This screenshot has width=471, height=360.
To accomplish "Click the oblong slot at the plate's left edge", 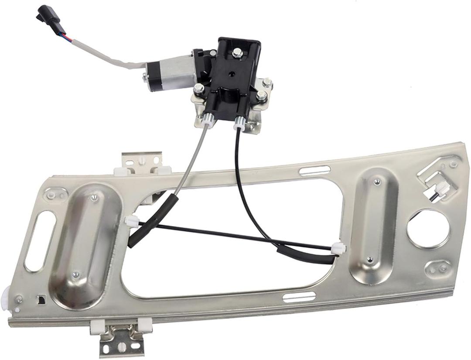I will (40, 241).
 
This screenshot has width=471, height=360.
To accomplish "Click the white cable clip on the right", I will (338, 249).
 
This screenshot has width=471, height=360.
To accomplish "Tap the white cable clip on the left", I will (131, 222).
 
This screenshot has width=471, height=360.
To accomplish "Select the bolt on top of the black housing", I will (237, 53).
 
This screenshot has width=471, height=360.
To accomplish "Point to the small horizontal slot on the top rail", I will (314, 170).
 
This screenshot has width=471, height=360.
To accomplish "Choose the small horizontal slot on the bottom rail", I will (299, 298).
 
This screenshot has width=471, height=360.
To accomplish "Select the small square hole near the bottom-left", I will (42, 299).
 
